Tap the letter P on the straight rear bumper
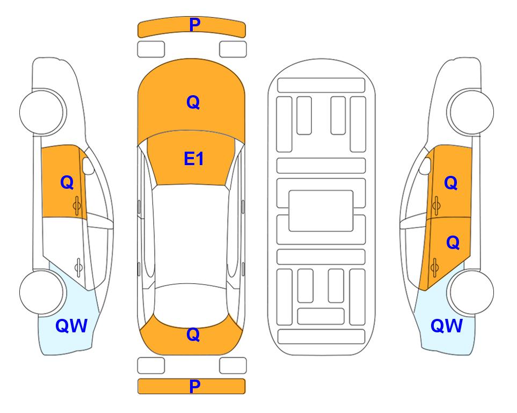coord(195,386)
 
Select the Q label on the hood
coord(193,102)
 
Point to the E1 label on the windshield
coord(194,159)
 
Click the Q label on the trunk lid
coord(193,334)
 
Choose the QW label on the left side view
coord(71,326)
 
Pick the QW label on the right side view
coord(447,326)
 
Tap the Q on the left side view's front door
coord(67,182)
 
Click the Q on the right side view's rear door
coord(453,243)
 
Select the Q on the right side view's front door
coord(451,183)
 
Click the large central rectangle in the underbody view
coord(321,211)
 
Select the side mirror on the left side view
coord(88,166)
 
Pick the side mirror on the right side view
coord(425,166)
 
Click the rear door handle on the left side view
coord(78,267)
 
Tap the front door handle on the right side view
coord(436,205)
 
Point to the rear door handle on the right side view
coord(434,268)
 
